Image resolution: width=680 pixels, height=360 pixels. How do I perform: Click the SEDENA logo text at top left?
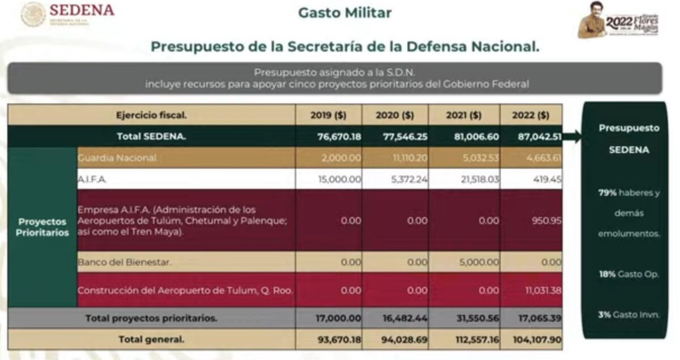(x=82, y=10)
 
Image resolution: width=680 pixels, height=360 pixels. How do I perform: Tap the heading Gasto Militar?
(x=345, y=12)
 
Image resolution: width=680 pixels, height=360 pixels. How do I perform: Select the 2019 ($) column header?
(x=329, y=115)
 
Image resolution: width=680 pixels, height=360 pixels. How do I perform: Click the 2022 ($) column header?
(x=531, y=115)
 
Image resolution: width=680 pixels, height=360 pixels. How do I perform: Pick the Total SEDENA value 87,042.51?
(x=531, y=137)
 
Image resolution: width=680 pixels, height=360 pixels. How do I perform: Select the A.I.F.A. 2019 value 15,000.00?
(x=338, y=179)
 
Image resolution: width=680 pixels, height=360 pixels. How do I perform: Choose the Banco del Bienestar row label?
(x=124, y=262)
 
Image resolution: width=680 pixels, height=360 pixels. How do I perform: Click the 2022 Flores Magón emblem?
(x=619, y=21)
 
